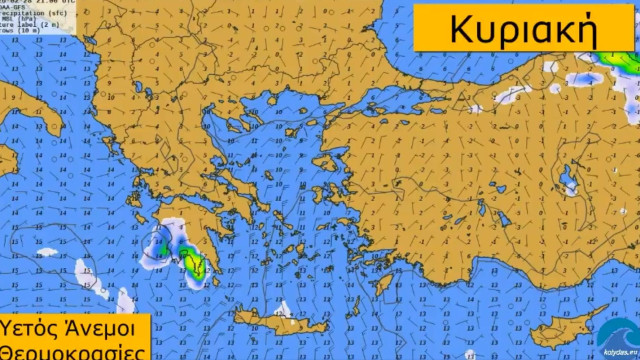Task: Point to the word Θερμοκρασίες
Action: click(70, 351)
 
